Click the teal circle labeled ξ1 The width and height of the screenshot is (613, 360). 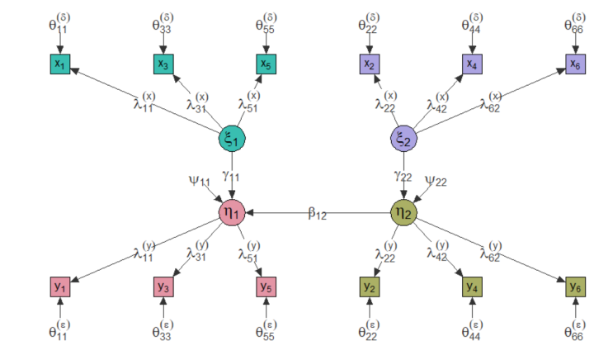coord(232,139)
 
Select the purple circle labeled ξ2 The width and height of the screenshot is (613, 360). coord(403,139)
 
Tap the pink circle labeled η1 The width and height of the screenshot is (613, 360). coord(232,213)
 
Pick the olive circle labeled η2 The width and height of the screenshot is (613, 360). coord(403,213)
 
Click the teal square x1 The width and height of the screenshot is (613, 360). coord(59,64)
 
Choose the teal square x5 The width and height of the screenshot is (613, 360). coord(266,64)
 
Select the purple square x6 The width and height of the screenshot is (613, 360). coord(576,64)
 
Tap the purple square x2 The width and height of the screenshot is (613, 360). coord(370,64)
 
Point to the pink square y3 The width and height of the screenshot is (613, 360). coord(163,287)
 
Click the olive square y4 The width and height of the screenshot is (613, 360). coord(472,287)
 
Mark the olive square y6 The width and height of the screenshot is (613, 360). coord(576,287)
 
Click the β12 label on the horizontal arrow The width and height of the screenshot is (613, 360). coord(317,214)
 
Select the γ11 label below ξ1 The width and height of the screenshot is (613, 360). coord(231,176)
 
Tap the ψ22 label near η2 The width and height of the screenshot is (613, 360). coord(436,181)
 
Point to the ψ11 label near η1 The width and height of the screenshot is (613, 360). coord(200,181)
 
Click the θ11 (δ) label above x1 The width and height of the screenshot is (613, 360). coord(59,23)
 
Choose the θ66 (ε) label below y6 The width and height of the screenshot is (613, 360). coord(575,330)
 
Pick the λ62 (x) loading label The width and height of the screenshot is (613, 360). coord(491,102)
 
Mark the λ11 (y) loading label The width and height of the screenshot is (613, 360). coord(144,251)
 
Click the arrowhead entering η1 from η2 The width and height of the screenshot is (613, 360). coord(249,213)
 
